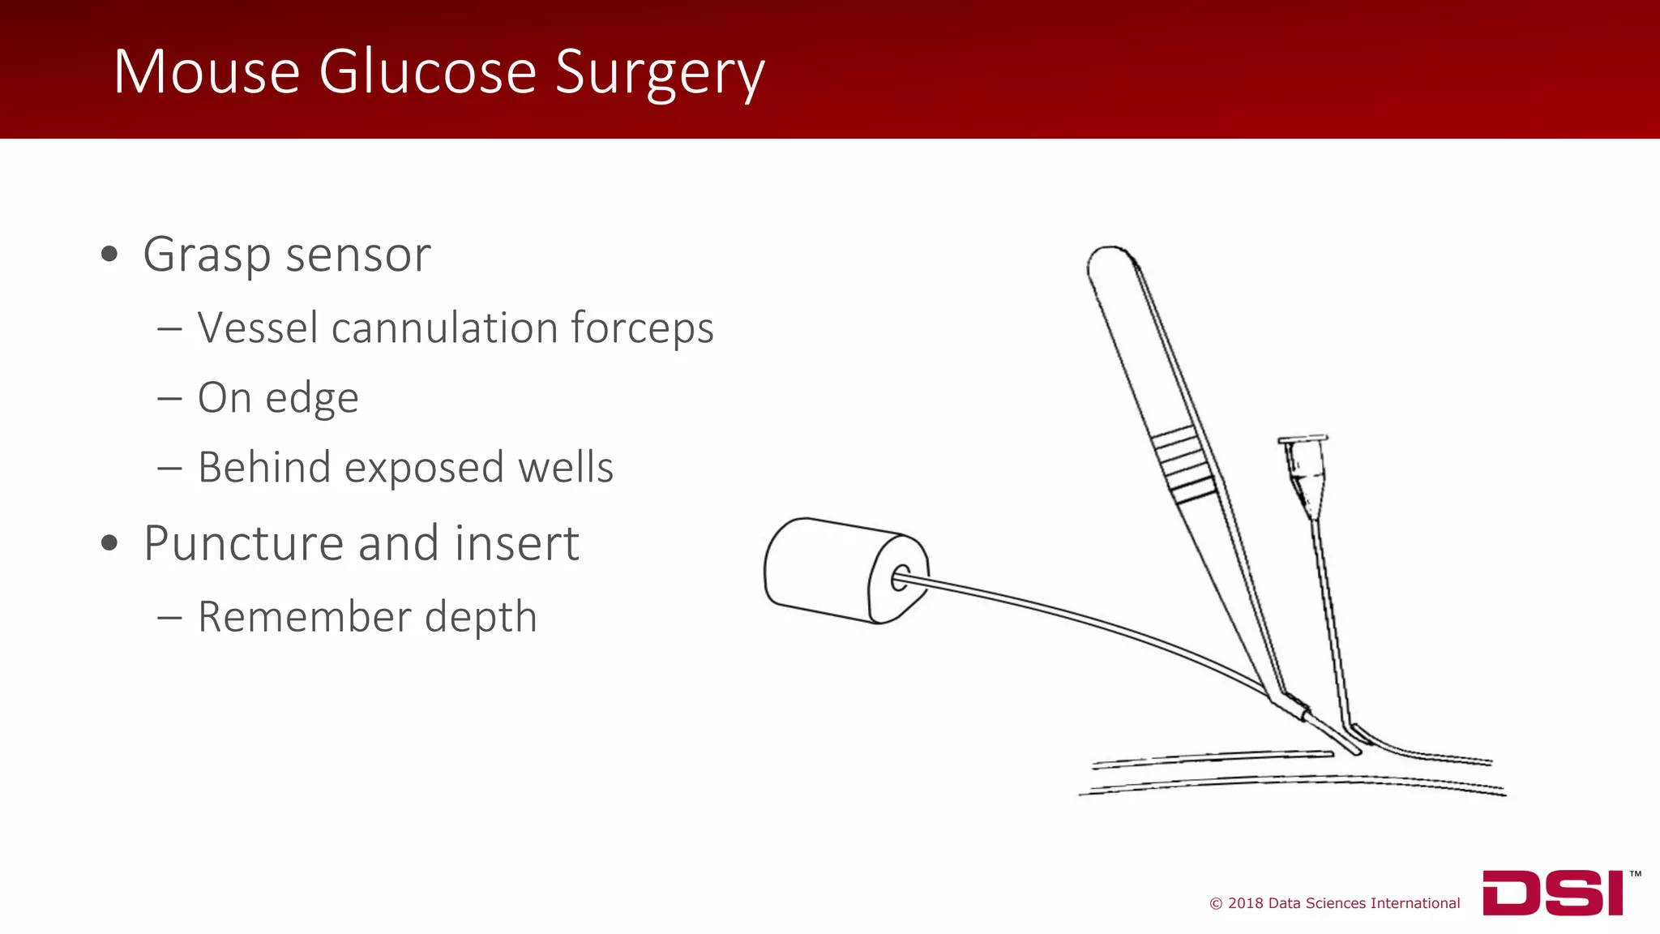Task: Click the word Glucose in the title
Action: [427, 72]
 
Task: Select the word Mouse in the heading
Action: [207, 72]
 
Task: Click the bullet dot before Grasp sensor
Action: [109, 255]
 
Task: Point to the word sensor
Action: [357, 255]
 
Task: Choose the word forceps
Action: [642, 329]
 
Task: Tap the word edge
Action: [312, 399]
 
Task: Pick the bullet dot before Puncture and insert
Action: [109, 543]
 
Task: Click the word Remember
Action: [304, 616]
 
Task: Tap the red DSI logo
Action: [1552, 893]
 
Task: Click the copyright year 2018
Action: [1246, 903]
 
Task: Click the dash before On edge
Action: [169, 399]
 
